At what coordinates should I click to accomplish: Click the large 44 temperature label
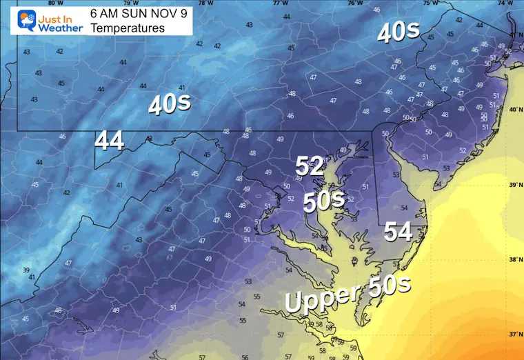coord(110,141)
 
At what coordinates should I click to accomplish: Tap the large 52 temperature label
coord(310,166)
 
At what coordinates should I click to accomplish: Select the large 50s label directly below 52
coord(325,201)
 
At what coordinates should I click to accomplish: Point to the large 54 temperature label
coord(398,232)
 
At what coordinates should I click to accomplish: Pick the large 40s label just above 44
coord(170,105)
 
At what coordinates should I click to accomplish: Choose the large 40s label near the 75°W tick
coord(398,32)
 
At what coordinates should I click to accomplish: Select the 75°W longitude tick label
coord(434,3)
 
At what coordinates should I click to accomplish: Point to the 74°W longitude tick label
coord(510,3)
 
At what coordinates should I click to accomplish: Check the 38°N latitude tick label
coord(514,260)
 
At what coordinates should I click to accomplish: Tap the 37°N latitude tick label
coord(514,334)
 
